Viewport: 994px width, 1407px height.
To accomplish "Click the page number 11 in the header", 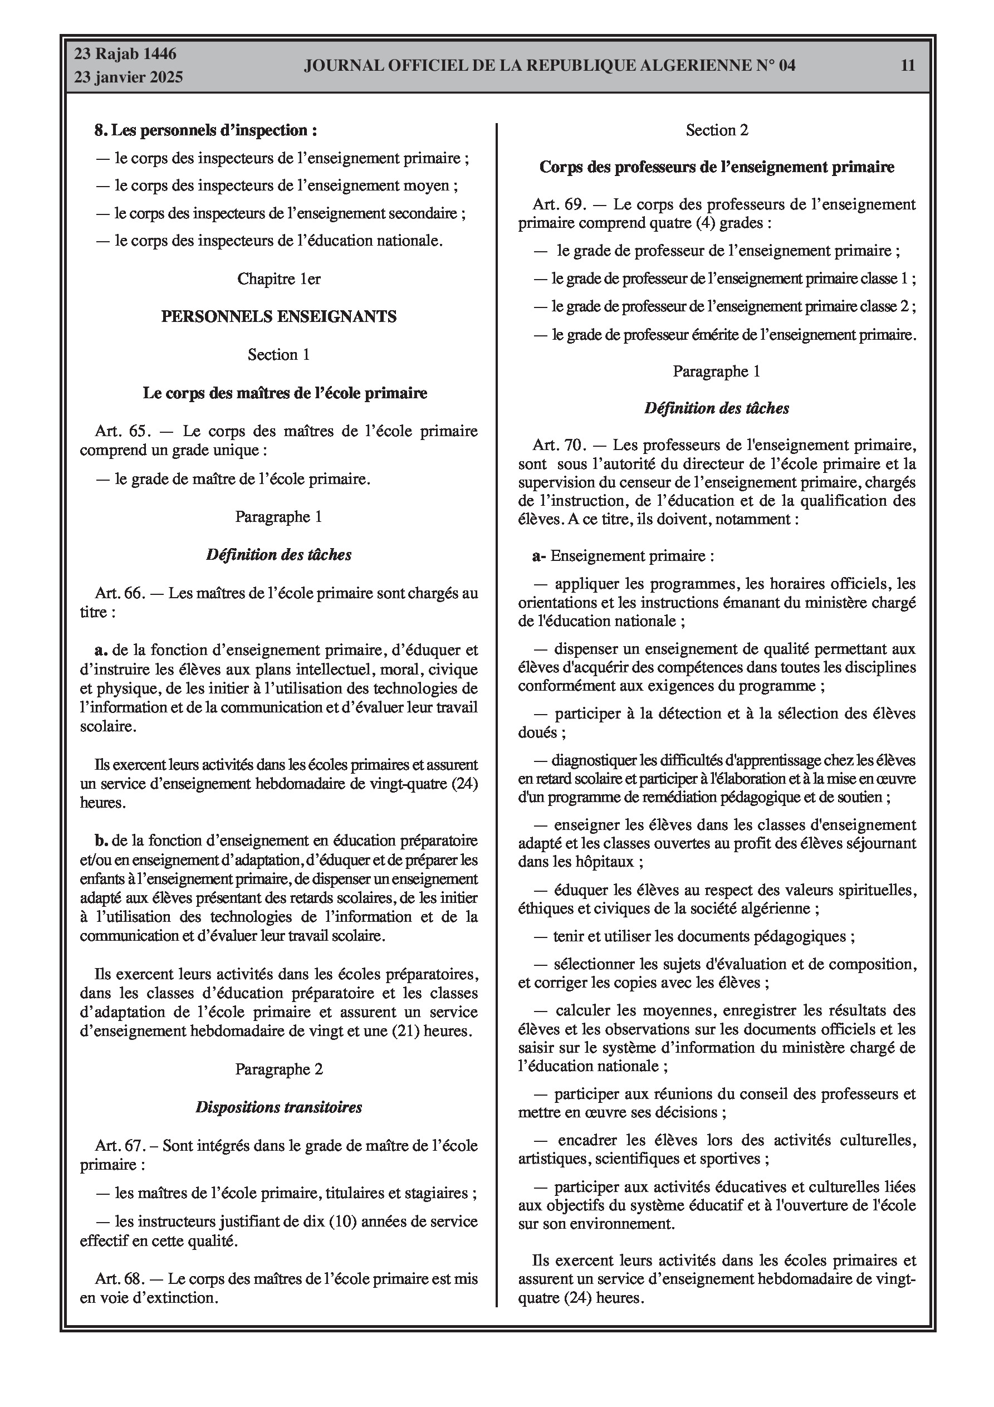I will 908,66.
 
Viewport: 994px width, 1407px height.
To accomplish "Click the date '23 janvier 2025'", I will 129,77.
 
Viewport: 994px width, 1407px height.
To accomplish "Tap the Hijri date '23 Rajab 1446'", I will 126,54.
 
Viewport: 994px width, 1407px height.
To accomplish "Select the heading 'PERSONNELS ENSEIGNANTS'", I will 279,316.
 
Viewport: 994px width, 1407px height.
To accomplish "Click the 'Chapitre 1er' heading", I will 279,279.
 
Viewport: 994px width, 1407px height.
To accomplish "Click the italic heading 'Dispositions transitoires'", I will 279,1107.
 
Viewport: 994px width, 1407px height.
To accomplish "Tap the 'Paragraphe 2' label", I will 279,1069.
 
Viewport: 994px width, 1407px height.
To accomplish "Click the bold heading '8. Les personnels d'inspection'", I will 205,130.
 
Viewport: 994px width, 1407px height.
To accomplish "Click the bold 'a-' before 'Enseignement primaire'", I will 538,556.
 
